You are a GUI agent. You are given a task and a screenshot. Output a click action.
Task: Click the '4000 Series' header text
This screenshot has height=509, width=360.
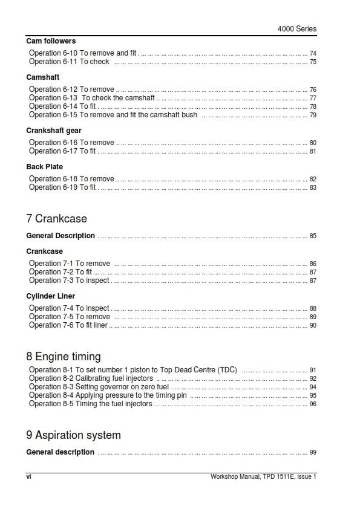pos(296,28)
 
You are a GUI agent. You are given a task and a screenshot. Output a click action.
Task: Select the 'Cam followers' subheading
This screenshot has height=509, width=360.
pos(51,41)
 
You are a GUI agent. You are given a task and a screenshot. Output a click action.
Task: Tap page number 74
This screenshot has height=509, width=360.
pos(313,54)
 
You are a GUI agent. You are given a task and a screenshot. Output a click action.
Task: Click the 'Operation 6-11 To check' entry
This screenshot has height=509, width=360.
pos(69,62)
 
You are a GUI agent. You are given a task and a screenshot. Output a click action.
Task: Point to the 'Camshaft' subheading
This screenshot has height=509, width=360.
pos(43,77)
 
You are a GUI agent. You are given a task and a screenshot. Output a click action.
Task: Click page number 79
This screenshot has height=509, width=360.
pos(313,115)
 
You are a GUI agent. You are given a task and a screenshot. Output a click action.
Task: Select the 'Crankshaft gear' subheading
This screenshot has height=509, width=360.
pos(54,131)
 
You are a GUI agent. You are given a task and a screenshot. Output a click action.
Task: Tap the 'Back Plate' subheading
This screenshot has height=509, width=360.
pos(44,167)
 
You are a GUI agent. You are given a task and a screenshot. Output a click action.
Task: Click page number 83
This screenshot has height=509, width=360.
pos(313,188)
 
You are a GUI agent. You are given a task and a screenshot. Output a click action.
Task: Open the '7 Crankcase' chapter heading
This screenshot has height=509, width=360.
pos(57,218)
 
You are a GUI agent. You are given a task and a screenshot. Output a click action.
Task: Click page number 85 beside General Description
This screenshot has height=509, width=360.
pos(313,236)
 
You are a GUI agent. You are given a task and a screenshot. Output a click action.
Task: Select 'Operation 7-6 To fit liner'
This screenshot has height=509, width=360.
pos(68,325)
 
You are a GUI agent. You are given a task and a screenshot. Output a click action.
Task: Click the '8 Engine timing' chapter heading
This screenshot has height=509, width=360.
pos(64,356)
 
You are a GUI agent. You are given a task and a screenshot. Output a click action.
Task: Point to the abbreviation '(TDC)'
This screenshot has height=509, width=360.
pos(226,370)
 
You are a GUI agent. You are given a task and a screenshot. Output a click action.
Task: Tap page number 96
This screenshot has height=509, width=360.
pos(313,404)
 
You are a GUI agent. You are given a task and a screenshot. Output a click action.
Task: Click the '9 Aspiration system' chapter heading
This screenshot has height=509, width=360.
pos(73,435)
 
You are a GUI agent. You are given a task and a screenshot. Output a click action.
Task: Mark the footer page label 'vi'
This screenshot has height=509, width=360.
pos(28,476)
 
